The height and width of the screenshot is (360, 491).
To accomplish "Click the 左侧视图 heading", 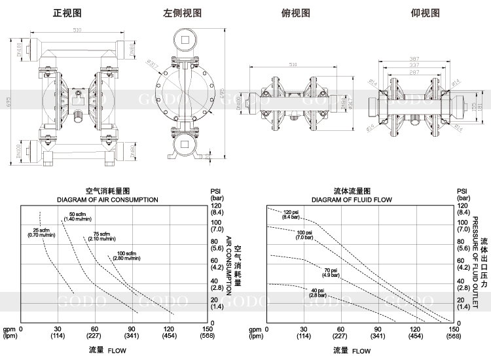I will coord(182,13).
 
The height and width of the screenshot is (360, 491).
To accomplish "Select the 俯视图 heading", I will coord(295,13).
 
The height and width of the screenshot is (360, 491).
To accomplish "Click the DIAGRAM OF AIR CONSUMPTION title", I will coord(107,200).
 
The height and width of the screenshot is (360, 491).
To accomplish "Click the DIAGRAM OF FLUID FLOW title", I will coord(352,200).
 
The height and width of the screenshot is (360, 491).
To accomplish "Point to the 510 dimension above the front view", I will coord(77,31).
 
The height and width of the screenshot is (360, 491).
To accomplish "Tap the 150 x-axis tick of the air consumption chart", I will coord(208,329).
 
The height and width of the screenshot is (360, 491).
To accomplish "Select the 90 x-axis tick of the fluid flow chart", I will coord(378,329).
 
